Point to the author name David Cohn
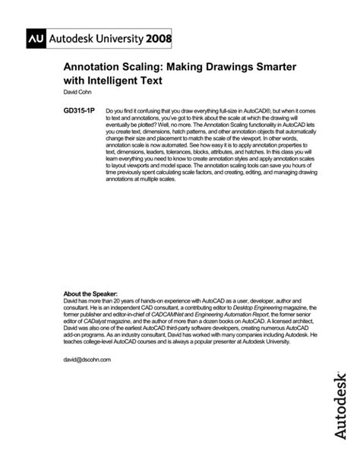pyautogui.click(x=76, y=94)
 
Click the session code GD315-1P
pyautogui.click(x=79, y=111)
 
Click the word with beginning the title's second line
pyautogui.click(x=76, y=83)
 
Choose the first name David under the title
pyautogui.click(x=68, y=94)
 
